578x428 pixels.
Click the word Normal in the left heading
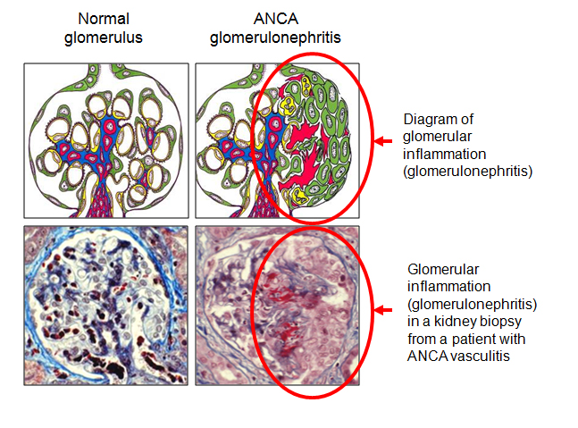tap(104, 19)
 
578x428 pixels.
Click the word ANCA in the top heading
tap(276, 19)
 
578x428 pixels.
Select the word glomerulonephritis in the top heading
tap(275, 38)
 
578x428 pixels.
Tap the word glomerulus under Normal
tap(104, 38)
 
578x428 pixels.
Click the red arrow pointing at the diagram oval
tap(383, 141)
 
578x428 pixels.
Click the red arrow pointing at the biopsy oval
tap(383, 310)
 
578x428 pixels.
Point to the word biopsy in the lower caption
tap(499, 322)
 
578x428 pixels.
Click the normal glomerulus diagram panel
tap(106, 140)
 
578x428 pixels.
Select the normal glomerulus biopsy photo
tap(106, 306)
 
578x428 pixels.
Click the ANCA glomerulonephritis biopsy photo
tap(277, 306)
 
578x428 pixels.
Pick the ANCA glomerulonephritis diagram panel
tap(277, 140)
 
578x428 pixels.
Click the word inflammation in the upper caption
tap(445, 154)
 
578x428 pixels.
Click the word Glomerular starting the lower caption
tap(443, 270)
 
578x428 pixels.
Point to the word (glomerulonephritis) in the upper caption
tap(468, 172)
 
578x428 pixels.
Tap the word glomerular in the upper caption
tap(438, 137)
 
